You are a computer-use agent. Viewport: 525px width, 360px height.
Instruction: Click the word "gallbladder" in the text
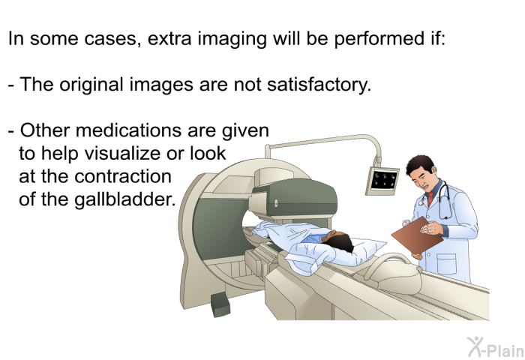97,200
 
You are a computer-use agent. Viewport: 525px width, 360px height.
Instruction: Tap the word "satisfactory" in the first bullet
319,85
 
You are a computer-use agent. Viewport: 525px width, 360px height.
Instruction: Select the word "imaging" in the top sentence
232,39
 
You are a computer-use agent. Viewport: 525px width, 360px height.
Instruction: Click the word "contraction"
123,176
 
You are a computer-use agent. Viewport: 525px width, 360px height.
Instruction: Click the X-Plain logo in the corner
495,347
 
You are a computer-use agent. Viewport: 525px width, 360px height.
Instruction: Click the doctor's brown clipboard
417,235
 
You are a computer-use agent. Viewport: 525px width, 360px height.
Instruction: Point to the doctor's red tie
430,199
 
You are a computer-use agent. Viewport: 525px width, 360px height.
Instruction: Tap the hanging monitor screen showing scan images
383,180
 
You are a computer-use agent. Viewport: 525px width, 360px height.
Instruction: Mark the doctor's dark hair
421,165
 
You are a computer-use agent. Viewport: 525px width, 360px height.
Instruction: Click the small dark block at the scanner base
220,304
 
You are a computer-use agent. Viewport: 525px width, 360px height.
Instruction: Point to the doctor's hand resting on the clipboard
431,229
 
